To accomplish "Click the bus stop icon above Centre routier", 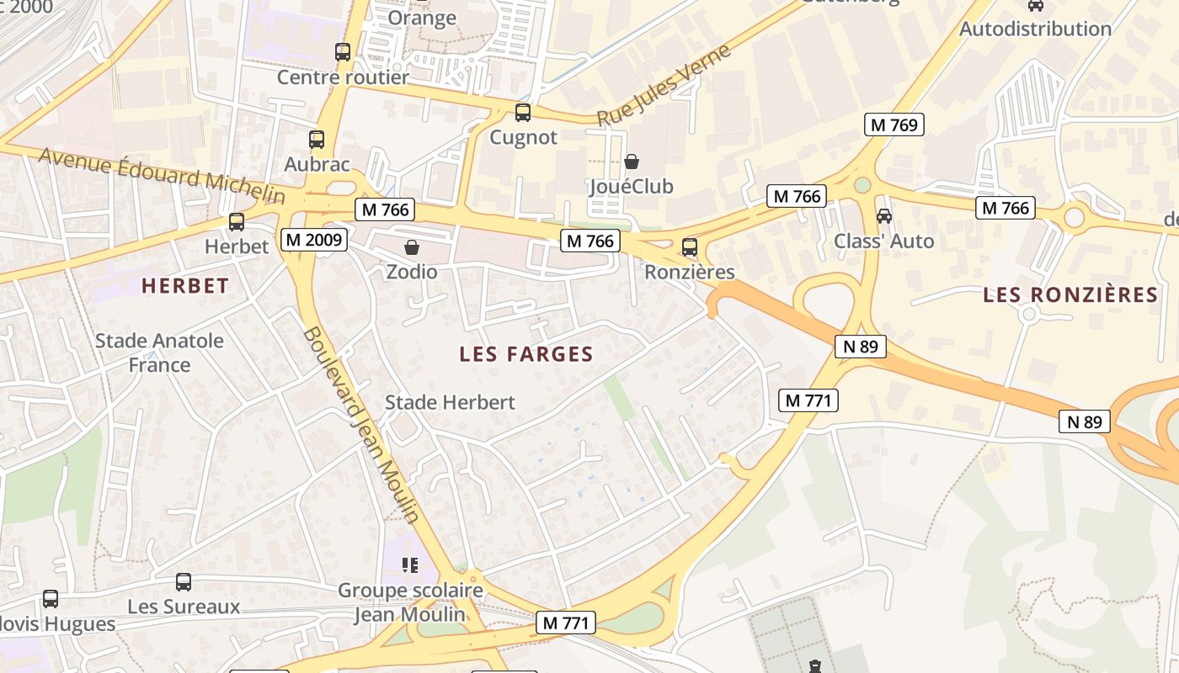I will (343, 52).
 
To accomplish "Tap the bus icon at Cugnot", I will (523, 113).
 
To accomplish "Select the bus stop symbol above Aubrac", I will (317, 140).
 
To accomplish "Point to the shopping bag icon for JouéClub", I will (632, 162).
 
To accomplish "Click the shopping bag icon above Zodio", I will (412, 247).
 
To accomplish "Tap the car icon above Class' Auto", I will (884, 216).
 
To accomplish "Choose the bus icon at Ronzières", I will (690, 247).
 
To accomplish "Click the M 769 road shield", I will (894, 125).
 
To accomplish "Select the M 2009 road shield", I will (313, 240).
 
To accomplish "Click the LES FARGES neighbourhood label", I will (526, 355).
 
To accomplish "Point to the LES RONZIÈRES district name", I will (1070, 295).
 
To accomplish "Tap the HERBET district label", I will (185, 286).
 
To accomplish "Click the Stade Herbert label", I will (450, 403).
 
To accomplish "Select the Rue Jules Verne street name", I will (664, 87).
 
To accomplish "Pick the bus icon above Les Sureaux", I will (184, 581).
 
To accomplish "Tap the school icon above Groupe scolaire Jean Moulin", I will (410, 564).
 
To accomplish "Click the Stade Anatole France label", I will (159, 352).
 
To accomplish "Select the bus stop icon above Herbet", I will (237, 222).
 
